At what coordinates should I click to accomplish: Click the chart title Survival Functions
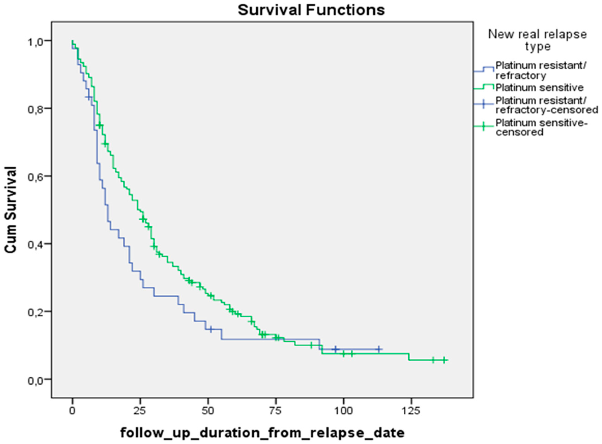[311, 10]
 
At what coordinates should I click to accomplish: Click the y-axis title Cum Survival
[11, 210]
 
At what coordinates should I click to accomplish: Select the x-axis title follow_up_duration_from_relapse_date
[262, 433]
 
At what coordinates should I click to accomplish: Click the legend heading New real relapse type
[537, 40]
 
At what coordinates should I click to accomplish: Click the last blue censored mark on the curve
[379, 349]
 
